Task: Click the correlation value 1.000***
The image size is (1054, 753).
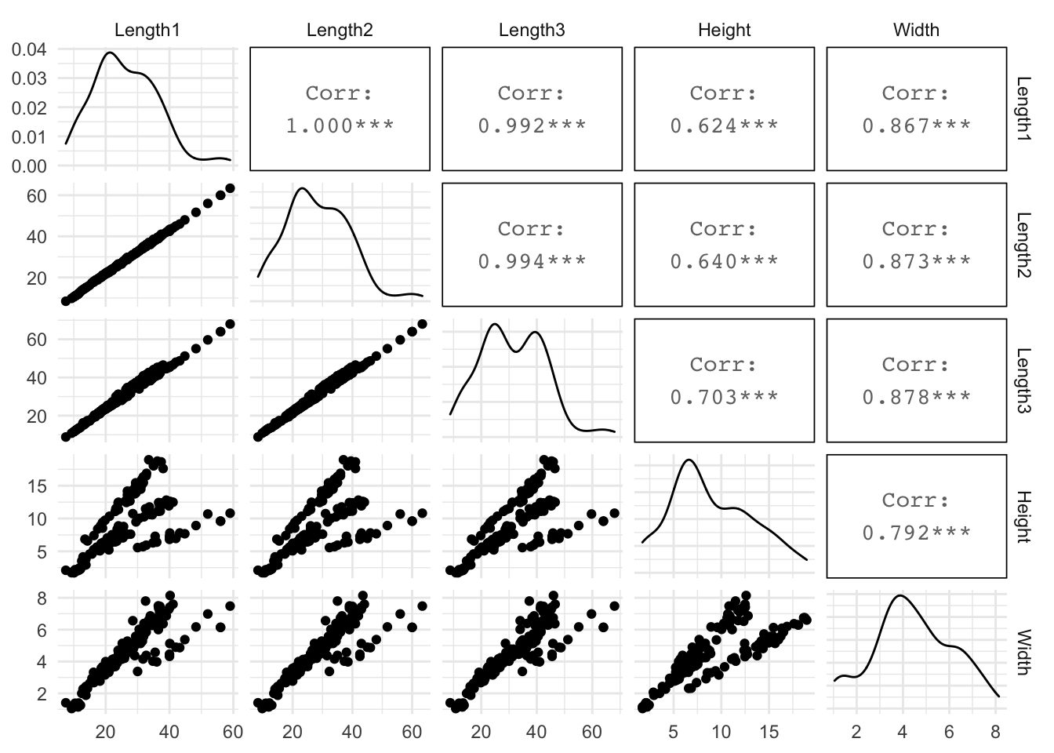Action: click(340, 125)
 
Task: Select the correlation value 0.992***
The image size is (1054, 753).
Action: click(532, 125)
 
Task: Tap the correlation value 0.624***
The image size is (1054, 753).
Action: click(724, 125)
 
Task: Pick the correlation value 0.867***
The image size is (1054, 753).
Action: click(916, 125)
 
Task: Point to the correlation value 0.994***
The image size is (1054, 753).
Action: click(532, 261)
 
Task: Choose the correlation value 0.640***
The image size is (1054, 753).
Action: click(724, 261)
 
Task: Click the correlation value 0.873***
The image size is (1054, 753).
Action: click(916, 261)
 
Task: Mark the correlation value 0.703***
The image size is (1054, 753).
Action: click(724, 397)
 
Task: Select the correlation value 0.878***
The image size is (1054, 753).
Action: click(916, 397)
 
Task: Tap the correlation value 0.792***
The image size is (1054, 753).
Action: click(916, 533)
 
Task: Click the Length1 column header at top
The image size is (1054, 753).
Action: click(147, 31)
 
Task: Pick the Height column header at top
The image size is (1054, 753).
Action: click(724, 31)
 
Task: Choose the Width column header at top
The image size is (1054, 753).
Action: click(916, 31)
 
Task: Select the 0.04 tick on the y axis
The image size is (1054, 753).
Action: click(29, 49)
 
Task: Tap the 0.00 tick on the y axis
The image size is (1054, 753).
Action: click(29, 166)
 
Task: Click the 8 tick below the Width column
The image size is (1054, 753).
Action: click(995, 733)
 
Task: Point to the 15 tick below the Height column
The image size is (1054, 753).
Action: click(769, 733)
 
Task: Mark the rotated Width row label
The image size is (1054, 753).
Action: click(1023, 652)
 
